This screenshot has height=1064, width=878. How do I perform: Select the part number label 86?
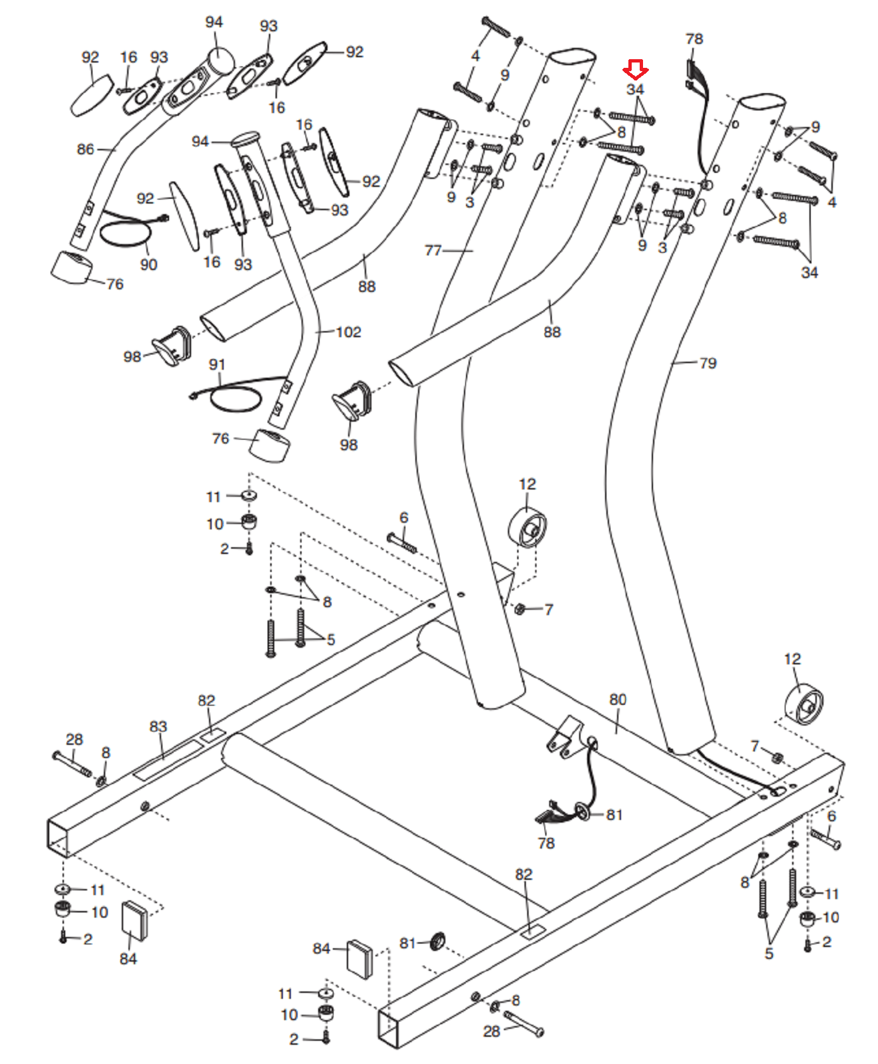[85, 149]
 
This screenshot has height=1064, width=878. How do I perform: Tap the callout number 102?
[348, 332]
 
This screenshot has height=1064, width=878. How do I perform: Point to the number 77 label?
[433, 250]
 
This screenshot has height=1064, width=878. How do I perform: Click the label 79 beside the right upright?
[708, 363]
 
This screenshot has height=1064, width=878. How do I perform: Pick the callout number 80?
[618, 700]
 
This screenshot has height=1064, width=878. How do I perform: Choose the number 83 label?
[158, 726]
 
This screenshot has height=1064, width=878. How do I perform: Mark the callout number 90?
[148, 265]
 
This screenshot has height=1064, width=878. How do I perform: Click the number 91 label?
[217, 364]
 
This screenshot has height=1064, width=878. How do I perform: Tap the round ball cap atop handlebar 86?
[222, 61]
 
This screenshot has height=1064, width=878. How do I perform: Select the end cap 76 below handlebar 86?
[72, 267]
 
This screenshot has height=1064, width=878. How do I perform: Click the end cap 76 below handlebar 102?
[270, 445]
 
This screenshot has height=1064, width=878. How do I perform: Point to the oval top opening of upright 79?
[763, 102]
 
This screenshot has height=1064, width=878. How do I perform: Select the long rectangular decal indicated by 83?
[168, 759]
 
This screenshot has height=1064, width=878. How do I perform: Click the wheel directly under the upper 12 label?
[527, 528]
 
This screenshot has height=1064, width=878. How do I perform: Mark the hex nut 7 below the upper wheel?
[521, 608]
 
